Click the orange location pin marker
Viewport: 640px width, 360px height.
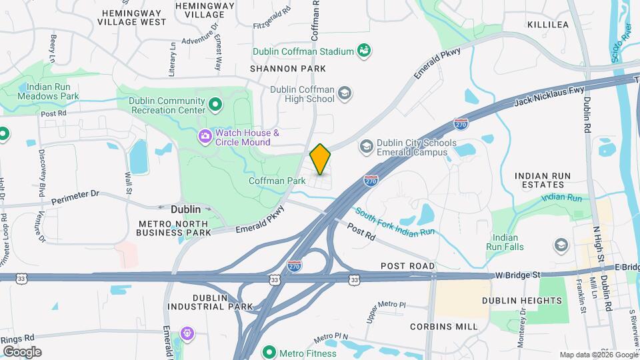320,159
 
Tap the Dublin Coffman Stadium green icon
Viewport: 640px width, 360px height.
364,50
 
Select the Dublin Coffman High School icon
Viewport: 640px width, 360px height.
345,93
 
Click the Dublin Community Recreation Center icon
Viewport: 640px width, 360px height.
215,105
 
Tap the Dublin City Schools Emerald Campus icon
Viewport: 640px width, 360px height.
366,146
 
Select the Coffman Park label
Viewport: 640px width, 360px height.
277,181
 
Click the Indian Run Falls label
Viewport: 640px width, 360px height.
509,242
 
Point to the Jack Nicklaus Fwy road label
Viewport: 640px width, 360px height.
549,95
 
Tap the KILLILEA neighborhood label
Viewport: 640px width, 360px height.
547,24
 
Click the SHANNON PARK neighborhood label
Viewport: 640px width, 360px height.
288,69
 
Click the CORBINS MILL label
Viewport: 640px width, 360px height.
444,327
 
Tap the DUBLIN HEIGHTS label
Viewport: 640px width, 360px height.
522,301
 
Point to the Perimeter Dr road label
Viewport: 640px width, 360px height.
75,194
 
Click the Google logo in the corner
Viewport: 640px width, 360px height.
22,352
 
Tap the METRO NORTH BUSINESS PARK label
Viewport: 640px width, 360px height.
173,227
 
